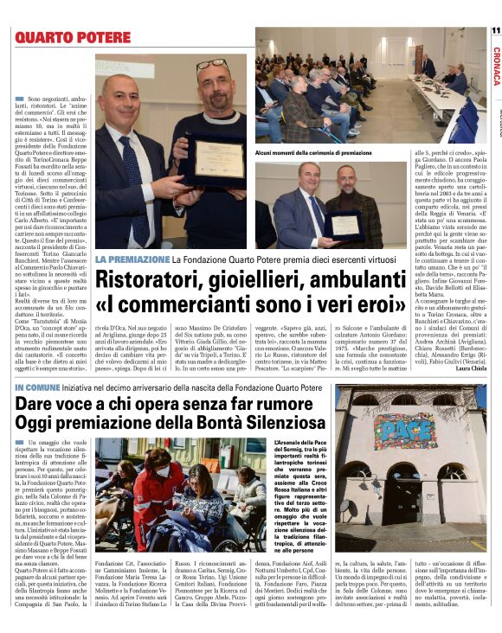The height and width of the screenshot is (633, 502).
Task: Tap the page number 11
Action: [x=495, y=30]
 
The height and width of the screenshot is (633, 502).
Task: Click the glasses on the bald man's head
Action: [x=211, y=66]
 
